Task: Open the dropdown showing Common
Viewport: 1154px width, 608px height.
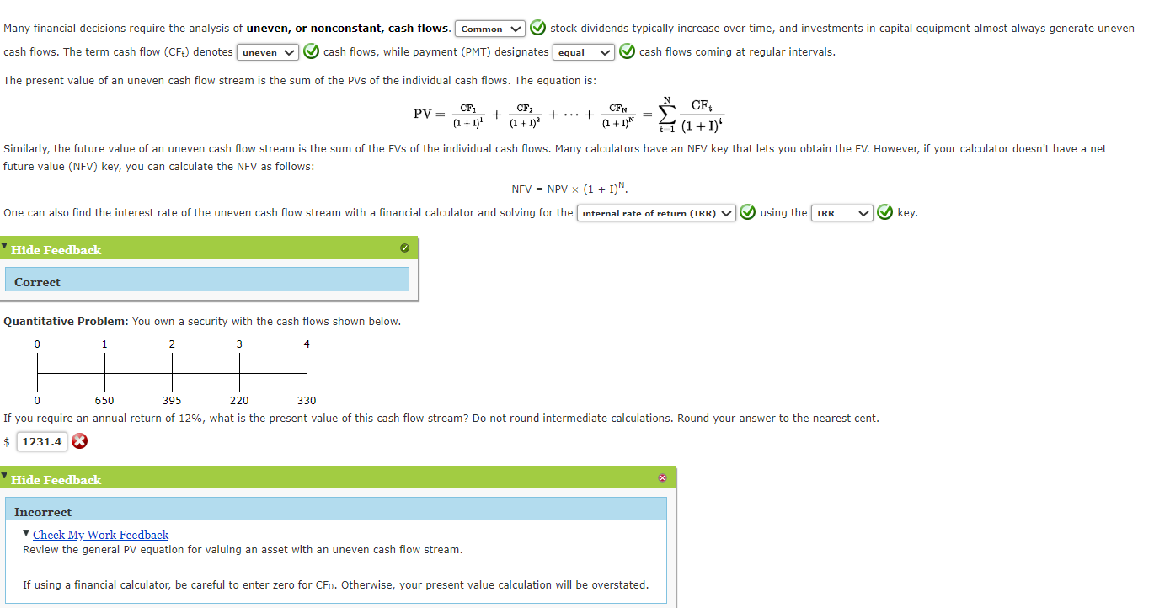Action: pyautogui.click(x=490, y=29)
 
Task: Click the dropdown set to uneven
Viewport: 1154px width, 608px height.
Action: pyautogui.click(x=268, y=53)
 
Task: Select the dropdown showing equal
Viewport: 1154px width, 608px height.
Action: pyautogui.click(x=583, y=53)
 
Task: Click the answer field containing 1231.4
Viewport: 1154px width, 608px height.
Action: pyautogui.click(x=42, y=441)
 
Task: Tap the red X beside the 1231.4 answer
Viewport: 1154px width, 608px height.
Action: pyautogui.click(x=79, y=441)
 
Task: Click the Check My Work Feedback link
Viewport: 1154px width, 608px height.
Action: pyautogui.click(x=100, y=535)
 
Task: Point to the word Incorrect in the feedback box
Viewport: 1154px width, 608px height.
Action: pyautogui.click(x=43, y=512)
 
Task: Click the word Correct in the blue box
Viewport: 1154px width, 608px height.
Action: pyautogui.click(x=37, y=282)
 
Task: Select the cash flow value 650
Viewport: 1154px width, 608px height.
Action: pyautogui.click(x=104, y=401)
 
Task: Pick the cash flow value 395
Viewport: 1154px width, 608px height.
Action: pyautogui.click(x=172, y=401)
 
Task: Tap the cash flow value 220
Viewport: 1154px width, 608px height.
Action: pyautogui.click(x=239, y=401)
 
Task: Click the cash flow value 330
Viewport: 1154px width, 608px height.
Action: pyautogui.click(x=307, y=401)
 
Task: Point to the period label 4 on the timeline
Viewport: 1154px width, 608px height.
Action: pyautogui.click(x=307, y=344)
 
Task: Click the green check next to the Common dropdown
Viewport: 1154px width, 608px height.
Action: pyautogui.click(x=537, y=29)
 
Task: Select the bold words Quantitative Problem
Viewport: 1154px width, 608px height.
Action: pyautogui.click(x=66, y=322)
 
